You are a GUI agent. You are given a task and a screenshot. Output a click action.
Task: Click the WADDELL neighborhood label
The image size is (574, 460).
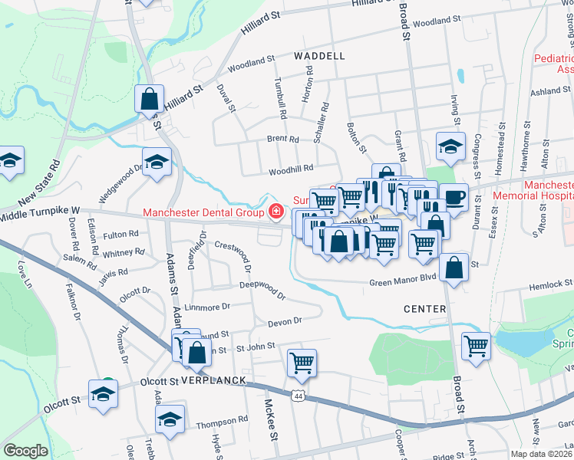319,56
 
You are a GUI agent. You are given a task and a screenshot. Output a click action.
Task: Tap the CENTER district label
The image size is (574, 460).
424,309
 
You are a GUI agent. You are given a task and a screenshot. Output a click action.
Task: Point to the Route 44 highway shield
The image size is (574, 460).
297,394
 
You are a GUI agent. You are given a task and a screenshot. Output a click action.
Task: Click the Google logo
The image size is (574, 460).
25,451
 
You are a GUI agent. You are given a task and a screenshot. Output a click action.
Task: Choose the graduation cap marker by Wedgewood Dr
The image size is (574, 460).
157,163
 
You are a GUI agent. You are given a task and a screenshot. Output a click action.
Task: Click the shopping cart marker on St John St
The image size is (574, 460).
302,363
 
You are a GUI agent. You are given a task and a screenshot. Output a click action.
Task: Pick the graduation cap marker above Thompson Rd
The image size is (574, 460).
170,419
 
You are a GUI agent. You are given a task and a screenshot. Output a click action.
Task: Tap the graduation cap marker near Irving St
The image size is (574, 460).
450,146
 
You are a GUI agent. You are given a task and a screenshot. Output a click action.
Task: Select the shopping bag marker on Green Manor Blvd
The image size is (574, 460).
454,268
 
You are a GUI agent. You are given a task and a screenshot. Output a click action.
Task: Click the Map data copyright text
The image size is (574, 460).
542,454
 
